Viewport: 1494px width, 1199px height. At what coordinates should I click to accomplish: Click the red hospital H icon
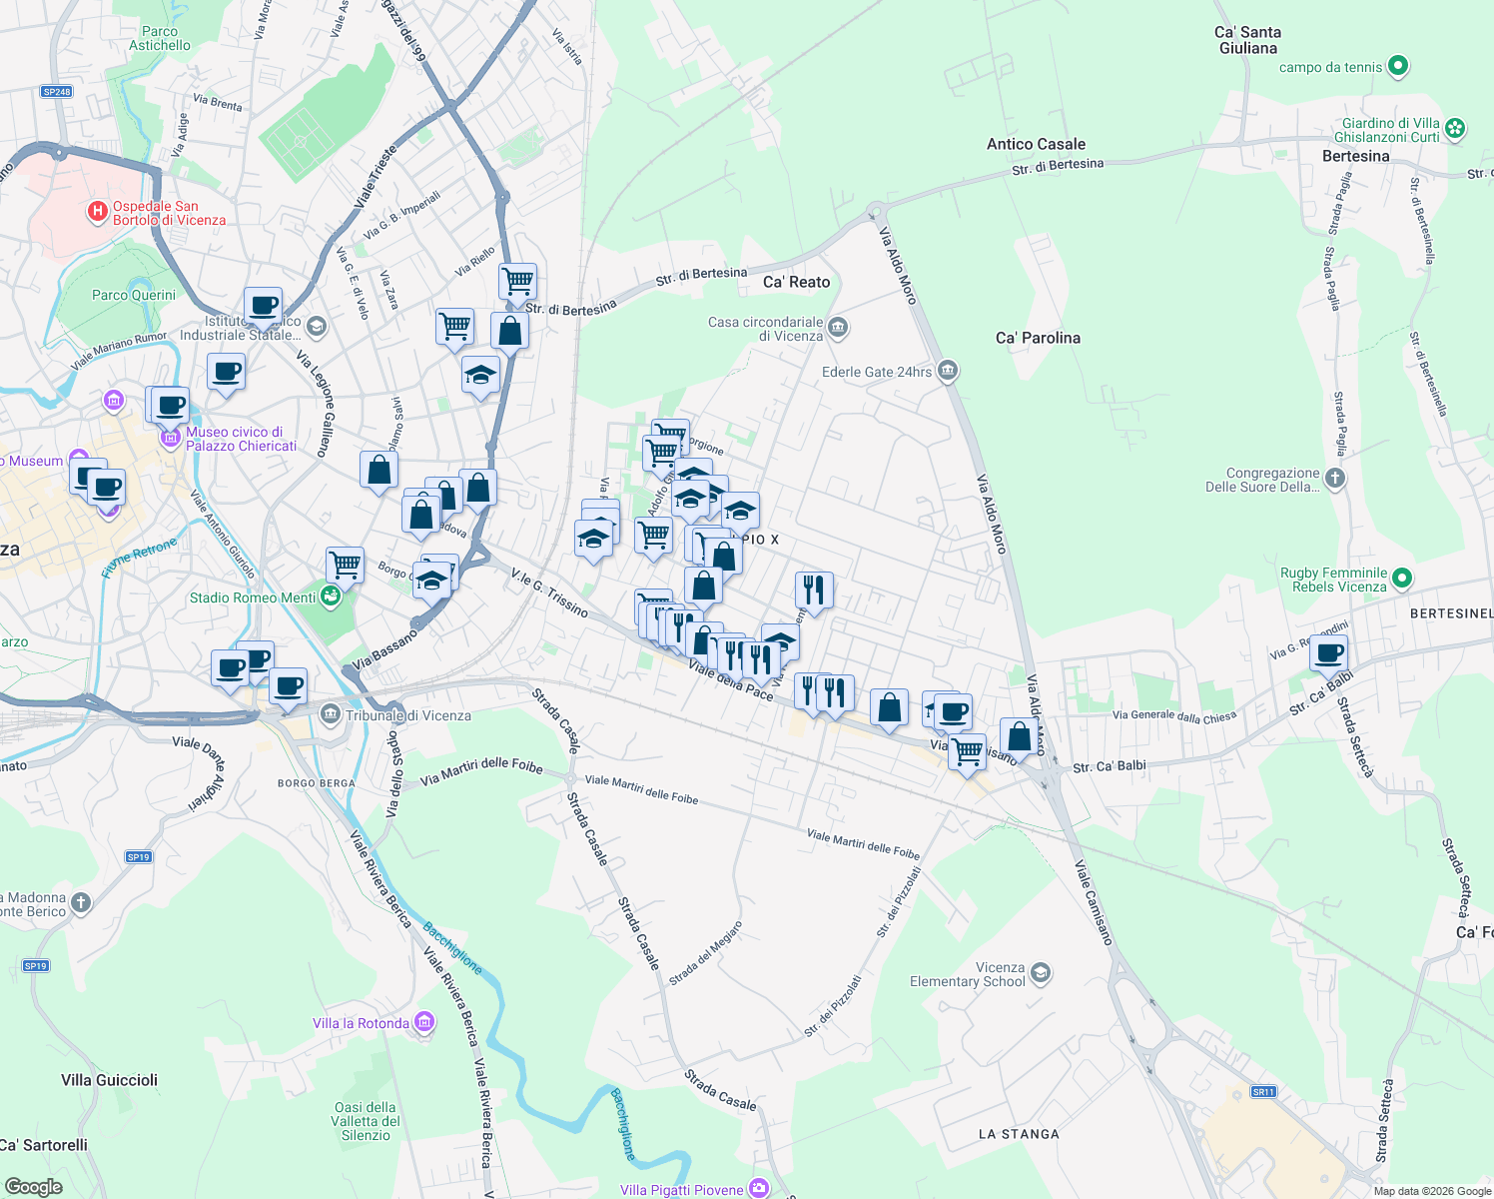click(x=97, y=211)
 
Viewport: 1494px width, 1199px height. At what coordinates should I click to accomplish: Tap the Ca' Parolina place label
click(x=1038, y=338)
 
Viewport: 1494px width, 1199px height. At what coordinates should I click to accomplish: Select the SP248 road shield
click(x=57, y=92)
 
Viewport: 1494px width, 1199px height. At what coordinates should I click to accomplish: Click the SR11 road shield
click(x=1263, y=1092)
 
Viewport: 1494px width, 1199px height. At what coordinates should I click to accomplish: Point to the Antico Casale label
click(x=1036, y=144)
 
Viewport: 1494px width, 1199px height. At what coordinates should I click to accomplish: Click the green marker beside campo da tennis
click(x=1398, y=67)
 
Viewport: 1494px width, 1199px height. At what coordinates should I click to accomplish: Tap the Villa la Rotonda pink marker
click(x=424, y=1022)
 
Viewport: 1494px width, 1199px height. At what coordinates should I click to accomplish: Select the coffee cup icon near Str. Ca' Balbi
click(x=1329, y=654)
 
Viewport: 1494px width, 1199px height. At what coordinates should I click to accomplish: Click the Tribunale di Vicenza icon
click(x=331, y=714)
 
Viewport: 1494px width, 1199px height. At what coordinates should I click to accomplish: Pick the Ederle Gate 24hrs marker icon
click(x=948, y=372)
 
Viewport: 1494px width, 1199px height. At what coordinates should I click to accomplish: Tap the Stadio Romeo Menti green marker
click(x=331, y=598)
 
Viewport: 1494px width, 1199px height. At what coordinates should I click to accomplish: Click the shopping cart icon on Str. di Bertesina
click(x=517, y=281)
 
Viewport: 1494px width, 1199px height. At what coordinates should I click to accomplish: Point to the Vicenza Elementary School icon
click(x=1041, y=973)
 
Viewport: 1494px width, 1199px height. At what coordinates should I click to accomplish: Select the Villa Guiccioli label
click(x=109, y=1080)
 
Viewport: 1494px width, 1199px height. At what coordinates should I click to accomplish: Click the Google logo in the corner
click(x=33, y=1187)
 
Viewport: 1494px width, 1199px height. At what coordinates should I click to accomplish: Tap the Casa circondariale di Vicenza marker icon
click(x=838, y=328)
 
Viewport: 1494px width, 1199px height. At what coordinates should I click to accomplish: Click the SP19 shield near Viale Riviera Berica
click(x=138, y=857)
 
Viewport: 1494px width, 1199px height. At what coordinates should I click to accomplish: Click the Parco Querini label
click(x=134, y=295)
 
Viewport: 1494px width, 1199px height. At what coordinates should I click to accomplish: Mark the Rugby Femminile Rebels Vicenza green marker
click(x=1402, y=579)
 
